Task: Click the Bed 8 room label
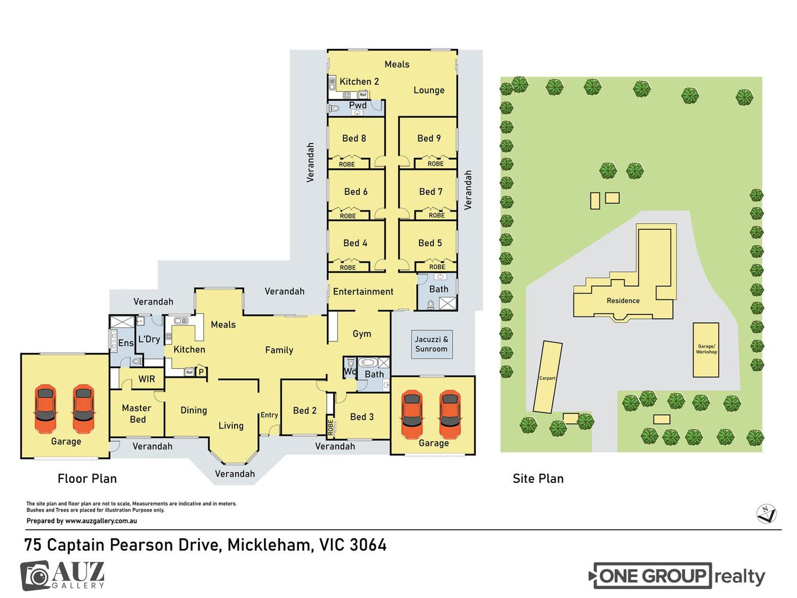click(x=354, y=138)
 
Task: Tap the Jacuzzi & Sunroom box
click(x=431, y=344)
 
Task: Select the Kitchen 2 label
click(x=359, y=82)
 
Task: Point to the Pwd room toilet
click(x=334, y=108)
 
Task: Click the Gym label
click(x=361, y=334)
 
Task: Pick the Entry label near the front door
click(x=269, y=415)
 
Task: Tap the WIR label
click(x=147, y=379)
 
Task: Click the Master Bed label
click(x=137, y=414)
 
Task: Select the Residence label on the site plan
click(x=623, y=301)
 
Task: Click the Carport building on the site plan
click(x=547, y=377)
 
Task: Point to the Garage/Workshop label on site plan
click(x=706, y=349)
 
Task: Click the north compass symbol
click(x=766, y=514)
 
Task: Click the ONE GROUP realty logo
click(x=676, y=576)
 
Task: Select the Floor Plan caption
click(x=87, y=478)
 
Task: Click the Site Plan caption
click(x=538, y=478)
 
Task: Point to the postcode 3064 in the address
click(x=368, y=545)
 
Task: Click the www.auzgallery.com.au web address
click(x=101, y=520)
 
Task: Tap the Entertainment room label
click(x=363, y=292)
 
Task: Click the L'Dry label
click(x=149, y=339)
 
